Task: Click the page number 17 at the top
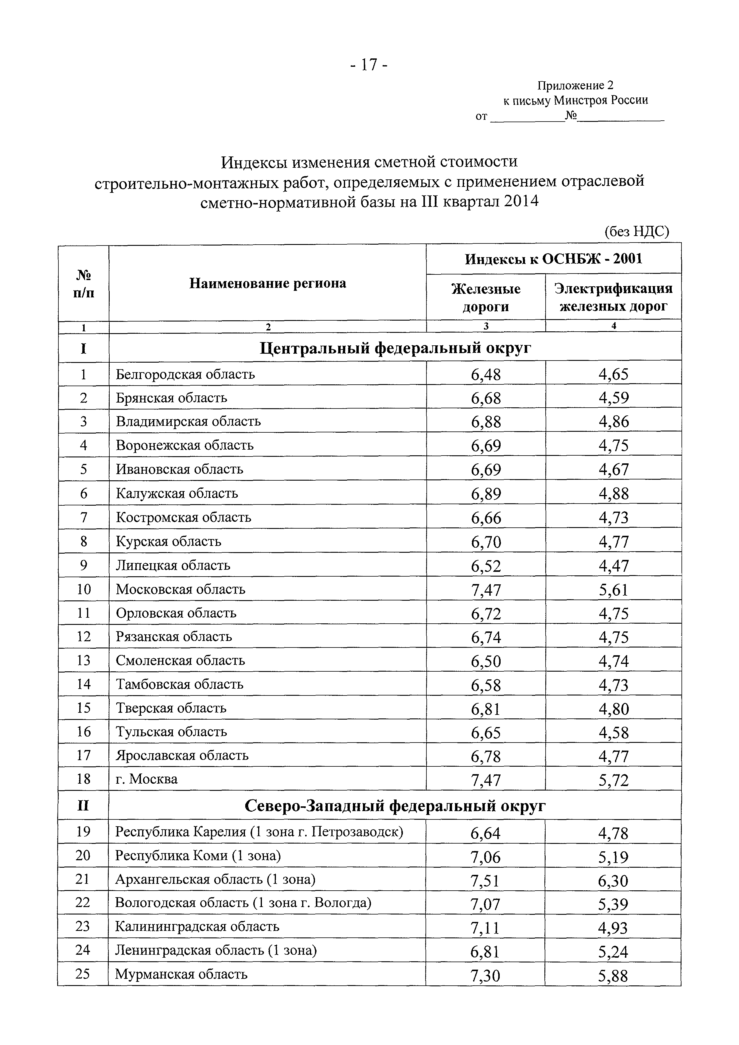tap(369, 65)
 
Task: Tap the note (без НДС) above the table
tap(636, 232)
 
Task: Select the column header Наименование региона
tap(268, 284)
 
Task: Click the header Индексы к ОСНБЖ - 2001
tap(553, 259)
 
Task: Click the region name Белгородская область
tap(185, 374)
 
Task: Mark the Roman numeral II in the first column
tap(83, 806)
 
